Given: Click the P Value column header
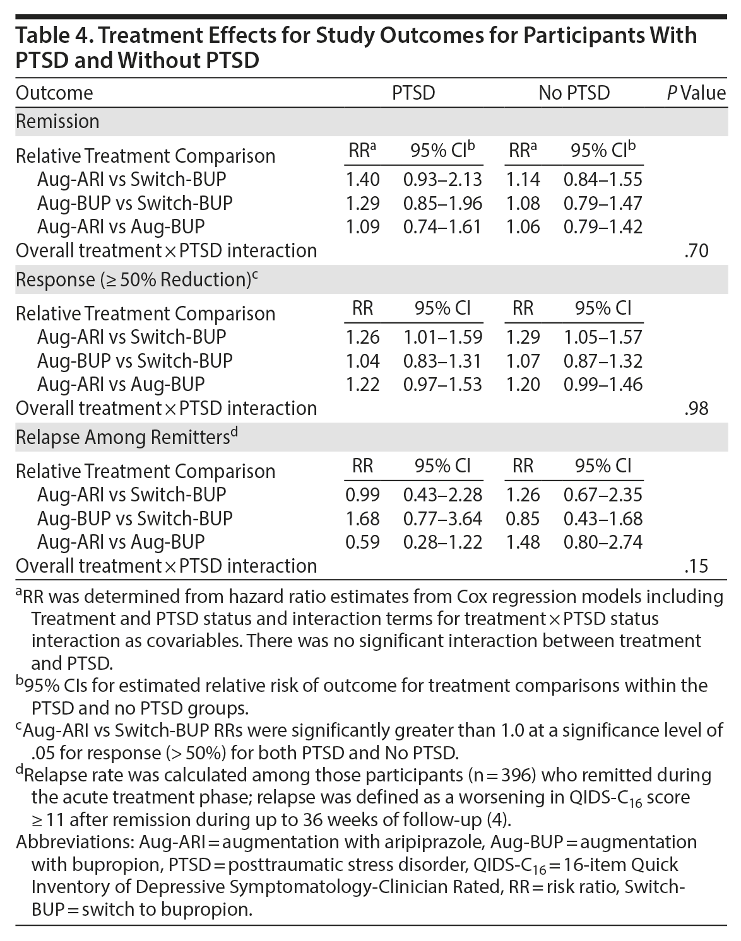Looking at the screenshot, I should click(696, 93).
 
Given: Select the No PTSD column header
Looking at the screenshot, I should click(574, 93).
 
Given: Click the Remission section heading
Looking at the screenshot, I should click(57, 121).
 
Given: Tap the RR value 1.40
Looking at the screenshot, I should click(363, 180).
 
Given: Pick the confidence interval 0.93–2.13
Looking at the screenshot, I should click(442, 180).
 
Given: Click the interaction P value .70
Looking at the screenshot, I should click(696, 251).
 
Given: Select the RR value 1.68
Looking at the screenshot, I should click(363, 519).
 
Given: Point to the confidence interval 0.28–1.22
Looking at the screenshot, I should click(442, 542).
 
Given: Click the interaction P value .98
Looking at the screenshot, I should click(696, 409).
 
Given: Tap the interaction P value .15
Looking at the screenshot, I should click(696, 566).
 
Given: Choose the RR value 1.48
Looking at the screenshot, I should click(523, 542).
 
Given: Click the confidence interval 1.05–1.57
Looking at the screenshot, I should click(603, 337).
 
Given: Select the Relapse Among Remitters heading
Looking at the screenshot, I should click(124, 436).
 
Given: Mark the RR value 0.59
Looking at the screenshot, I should click(363, 542).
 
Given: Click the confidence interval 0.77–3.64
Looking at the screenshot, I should click(442, 519).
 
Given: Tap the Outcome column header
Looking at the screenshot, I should click(54, 93).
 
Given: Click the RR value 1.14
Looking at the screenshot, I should click(523, 180).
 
